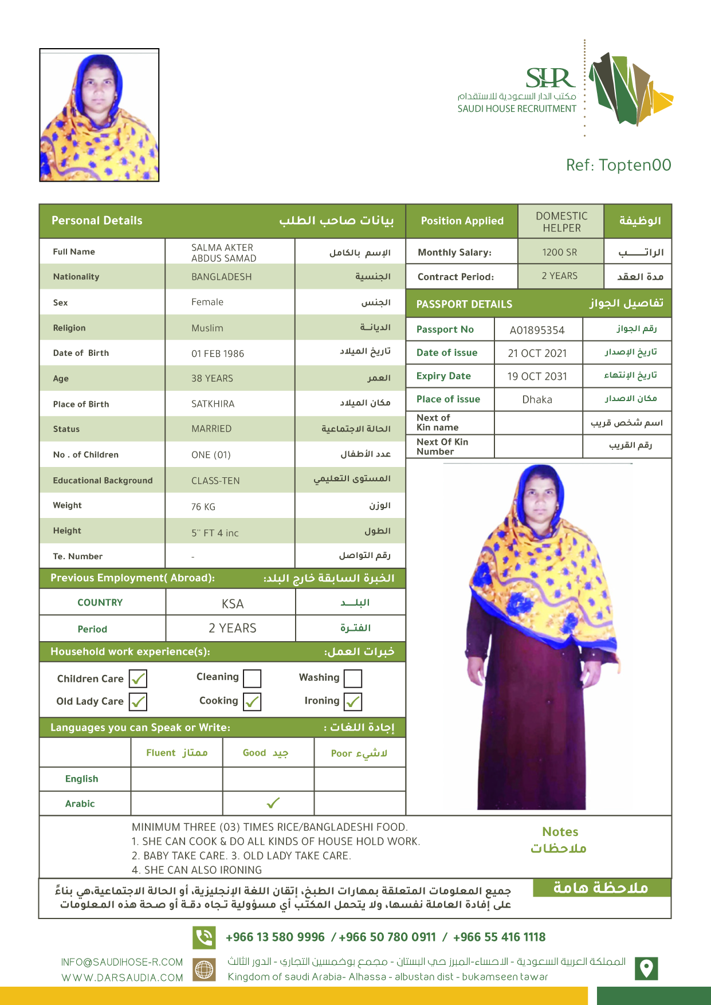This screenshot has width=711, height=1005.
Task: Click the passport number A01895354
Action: [x=537, y=330]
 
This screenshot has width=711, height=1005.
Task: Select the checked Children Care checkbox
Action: [x=138, y=679]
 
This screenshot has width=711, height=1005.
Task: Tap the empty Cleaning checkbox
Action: [x=252, y=678]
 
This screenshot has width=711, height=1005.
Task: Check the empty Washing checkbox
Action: [x=353, y=678]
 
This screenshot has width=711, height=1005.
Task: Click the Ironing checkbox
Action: [x=353, y=701]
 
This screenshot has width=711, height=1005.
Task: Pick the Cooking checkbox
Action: [x=252, y=701]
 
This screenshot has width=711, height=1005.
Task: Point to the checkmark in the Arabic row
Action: [x=273, y=803]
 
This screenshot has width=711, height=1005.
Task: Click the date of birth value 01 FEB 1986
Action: [x=218, y=354]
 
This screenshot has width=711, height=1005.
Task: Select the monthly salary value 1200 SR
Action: [x=560, y=252]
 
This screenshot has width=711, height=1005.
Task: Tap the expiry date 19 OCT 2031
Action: [x=537, y=376]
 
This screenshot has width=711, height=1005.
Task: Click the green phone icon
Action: [x=204, y=937]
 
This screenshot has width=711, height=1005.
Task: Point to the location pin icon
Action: [x=646, y=968]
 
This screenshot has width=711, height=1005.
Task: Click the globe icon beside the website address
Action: [x=204, y=969]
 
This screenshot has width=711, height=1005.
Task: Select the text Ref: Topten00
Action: [x=618, y=165]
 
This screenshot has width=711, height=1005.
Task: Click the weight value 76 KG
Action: [x=203, y=507]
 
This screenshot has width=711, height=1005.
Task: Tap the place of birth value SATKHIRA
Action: [x=213, y=404]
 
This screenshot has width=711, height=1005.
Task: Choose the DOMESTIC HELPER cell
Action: [x=561, y=222]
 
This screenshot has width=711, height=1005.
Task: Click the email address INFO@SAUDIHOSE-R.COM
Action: [x=122, y=962]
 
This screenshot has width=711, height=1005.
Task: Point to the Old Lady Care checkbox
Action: [x=138, y=702]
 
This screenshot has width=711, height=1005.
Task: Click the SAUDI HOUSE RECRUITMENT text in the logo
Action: [x=517, y=109]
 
